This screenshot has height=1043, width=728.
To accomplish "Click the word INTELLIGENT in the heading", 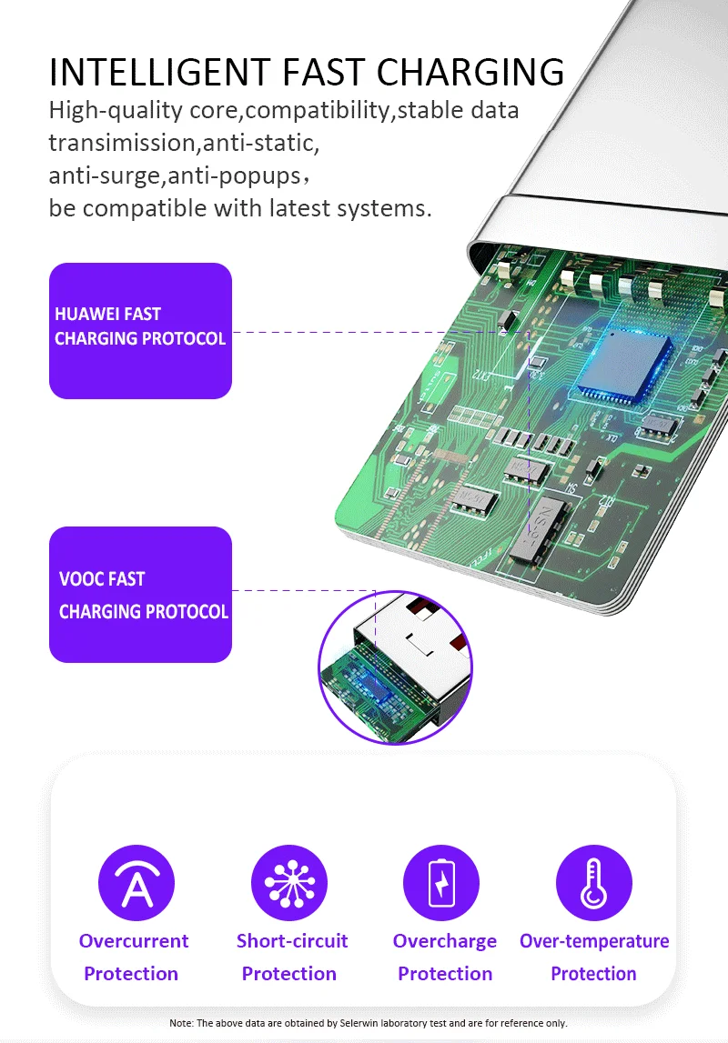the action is pos(160,72).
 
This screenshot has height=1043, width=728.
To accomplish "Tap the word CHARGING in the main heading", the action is pos(470,72).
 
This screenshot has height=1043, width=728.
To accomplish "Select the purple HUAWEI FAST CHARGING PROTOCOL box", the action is pos(140,331).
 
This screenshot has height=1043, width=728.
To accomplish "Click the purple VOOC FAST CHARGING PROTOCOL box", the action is pos(140,594).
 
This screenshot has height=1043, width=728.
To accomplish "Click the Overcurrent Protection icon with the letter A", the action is pos(136,883).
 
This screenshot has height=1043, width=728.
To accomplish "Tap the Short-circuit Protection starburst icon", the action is pos(289,883).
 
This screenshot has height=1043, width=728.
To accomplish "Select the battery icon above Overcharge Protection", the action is pos(441,883).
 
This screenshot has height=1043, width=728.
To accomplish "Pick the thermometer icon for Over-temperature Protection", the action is pos(593,883).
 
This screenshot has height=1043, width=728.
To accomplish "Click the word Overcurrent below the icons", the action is pos(134,940).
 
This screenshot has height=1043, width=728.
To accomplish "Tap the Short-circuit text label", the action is pos(292,940).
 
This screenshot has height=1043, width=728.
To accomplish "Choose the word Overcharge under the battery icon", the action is pos(444,941).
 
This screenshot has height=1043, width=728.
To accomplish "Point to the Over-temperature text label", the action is pos(594,941).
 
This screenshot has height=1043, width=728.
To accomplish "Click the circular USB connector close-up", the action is pos(395,667).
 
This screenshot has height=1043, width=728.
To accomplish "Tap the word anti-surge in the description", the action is pos(105,176).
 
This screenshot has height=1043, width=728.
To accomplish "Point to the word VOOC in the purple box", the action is pos(80,579).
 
